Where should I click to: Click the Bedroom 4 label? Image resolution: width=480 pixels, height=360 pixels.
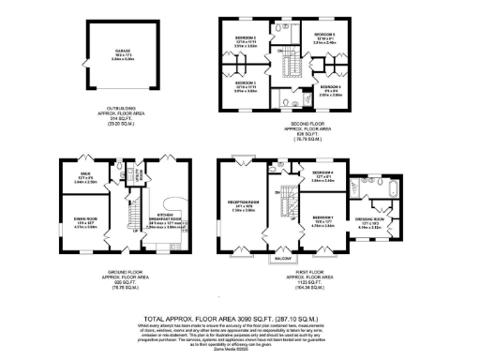point(323,174)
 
